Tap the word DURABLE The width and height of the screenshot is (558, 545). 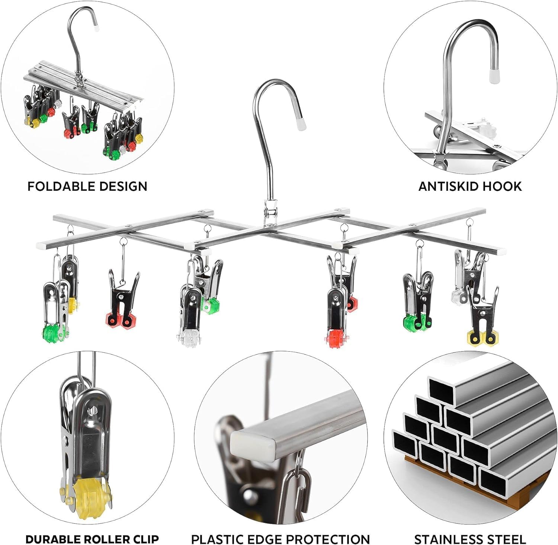pyautogui.click(x=51, y=538)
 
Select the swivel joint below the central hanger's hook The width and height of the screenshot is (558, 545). pyautogui.click(x=270, y=213)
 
